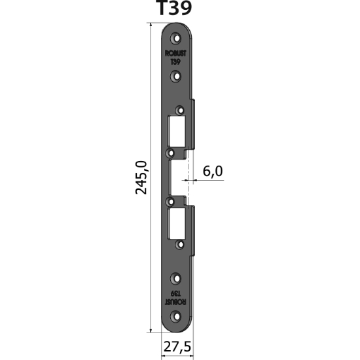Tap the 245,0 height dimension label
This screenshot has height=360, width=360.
(140, 177)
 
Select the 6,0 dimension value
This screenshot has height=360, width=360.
(213, 171)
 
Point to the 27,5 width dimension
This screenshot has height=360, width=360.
(175, 348)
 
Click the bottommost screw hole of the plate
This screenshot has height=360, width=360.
(175, 317)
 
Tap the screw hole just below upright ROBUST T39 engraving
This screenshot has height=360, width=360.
(175, 77)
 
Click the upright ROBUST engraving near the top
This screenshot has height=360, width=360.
(175, 56)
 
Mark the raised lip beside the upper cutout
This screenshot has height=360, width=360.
(192, 124)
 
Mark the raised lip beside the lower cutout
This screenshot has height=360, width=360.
(192, 229)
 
